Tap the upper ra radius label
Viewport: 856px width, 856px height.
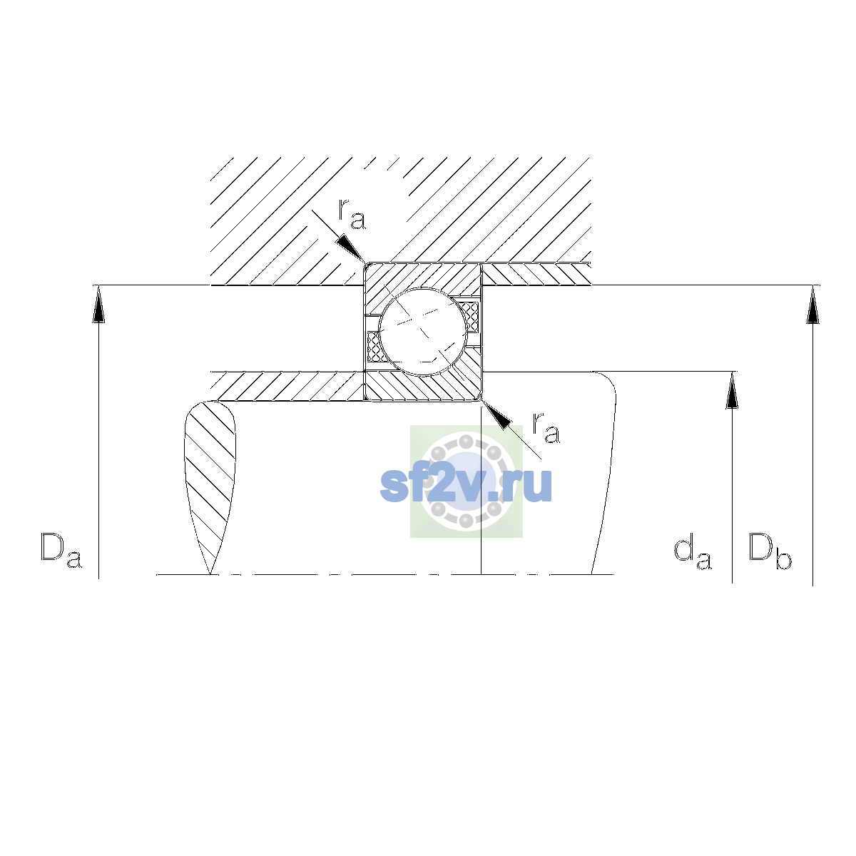tap(352, 214)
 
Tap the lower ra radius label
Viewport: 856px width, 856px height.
tap(546, 428)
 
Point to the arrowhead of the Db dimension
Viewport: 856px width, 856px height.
tap(813, 305)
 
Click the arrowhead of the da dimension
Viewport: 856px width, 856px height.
tap(732, 389)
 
